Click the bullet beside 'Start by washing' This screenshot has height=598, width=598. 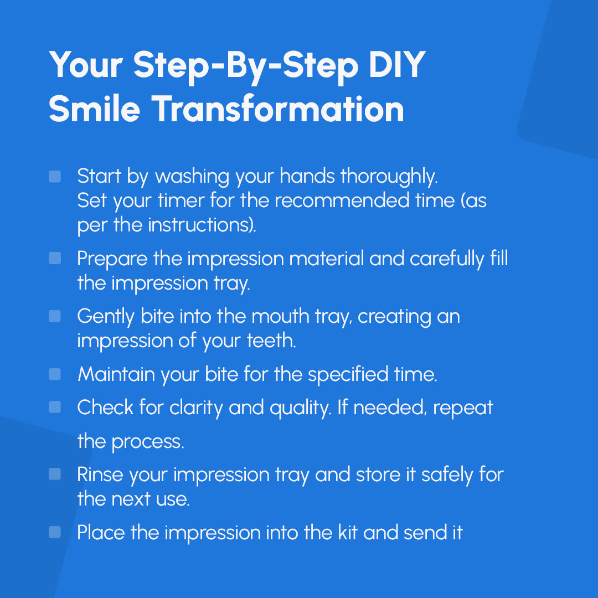pyautogui.click(x=55, y=176)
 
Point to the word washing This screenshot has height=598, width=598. pyautogui.click(x=192, y=177)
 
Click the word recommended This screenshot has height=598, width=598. pyautogui.click(x=342, y=200)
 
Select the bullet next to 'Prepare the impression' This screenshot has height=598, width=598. pyautogui.click(x=55, y=258)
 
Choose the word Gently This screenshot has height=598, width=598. pyautogui.click(x=106, y=317)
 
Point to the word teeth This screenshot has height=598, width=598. pyautogui.click(x=271, y=341)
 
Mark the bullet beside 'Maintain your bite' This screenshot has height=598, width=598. pyautogui.click(x=55, y=374)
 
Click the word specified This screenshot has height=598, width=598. pyautogui.click(x=348, y=374)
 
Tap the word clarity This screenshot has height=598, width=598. pyautogui.click(x=195, y=408)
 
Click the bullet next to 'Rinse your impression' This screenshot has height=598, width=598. pyautogui.click(x=55, y=474)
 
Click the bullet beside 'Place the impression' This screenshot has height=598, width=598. pyautogui.click(x=55, y=532)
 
